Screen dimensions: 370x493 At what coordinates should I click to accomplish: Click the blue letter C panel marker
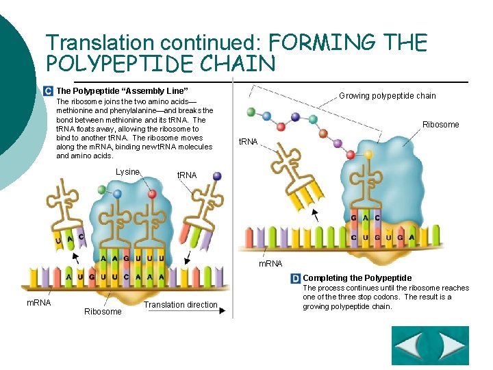pyautogui.click(x=47, y=90)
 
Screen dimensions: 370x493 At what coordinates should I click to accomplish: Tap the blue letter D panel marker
pyautogui.click(x=296, y=278)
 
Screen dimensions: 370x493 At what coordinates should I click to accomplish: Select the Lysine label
pyautogui.click(x=128, y=172)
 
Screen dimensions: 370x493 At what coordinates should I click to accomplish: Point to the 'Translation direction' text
pyautogui.click(x=181, y=305)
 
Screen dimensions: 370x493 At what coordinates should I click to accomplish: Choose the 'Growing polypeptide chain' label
pyautogui.click(x=388, y=96)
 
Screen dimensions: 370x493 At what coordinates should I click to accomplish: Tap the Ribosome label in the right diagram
pyautogui.click(x=440, y=125)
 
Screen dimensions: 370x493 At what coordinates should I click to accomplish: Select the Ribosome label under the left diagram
pyautogui.click(x=103, y=312)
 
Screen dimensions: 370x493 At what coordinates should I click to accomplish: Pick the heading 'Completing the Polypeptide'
pyautogui.click(x=357, y=278)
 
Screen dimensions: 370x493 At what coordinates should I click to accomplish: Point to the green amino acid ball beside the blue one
pyautogui.click(x=101, y=189)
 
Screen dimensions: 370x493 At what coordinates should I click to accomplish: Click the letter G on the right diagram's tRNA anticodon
pyautogui.click(x=354, y=218)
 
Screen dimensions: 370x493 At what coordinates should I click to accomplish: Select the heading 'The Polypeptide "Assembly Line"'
pyautogui.click(x=122, y=91)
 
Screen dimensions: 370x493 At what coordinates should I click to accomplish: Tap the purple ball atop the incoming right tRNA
pyautogui.click(x=217, y=176)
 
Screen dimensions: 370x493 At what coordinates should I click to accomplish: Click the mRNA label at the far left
pyautogui.click(x=38, y=302)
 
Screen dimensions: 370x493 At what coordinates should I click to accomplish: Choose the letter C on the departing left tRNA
pyautogui.click(x=81, y=237)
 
